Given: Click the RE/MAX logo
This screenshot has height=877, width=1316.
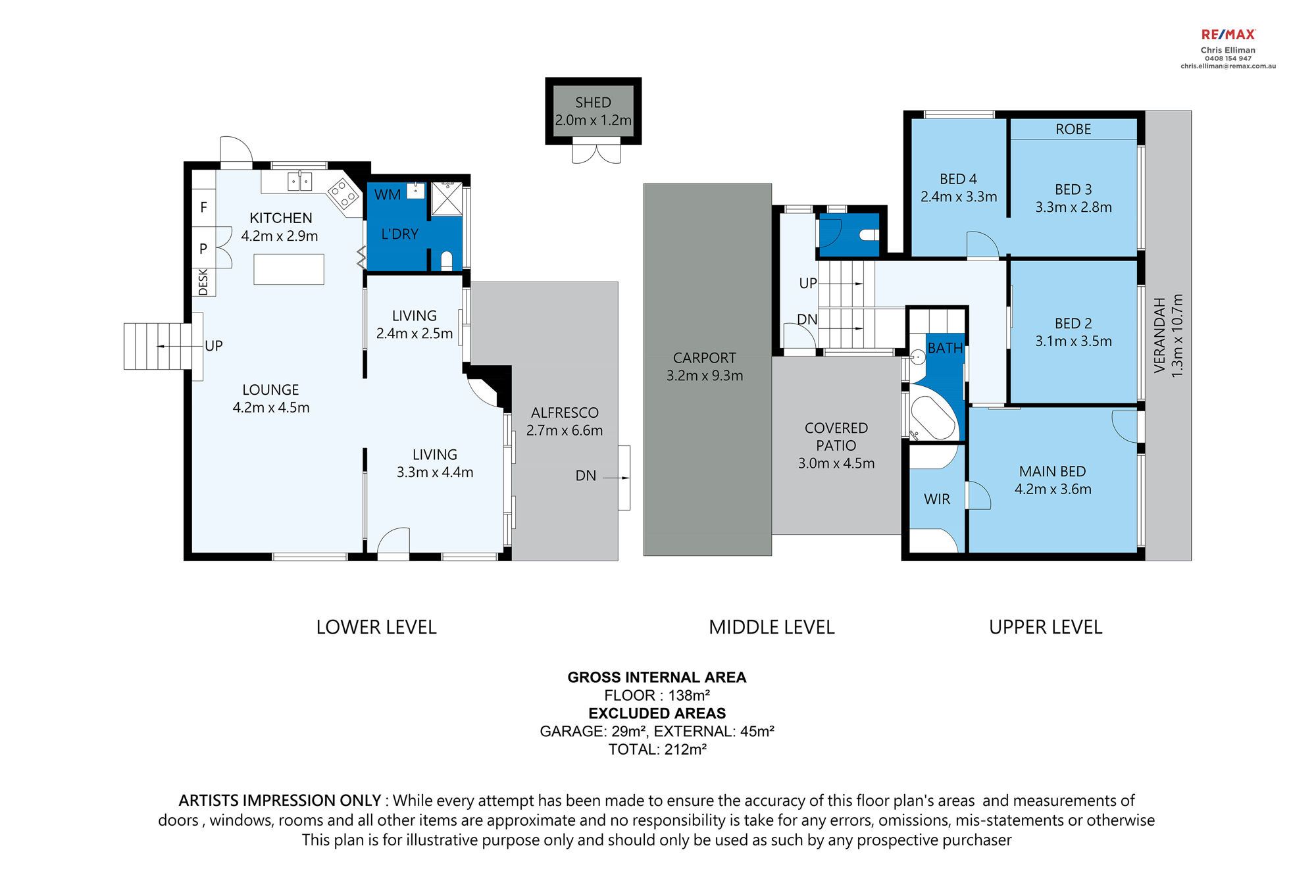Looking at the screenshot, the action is click(x=1228, y=34).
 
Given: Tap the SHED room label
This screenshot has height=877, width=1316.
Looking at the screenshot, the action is click(x=593, y=103).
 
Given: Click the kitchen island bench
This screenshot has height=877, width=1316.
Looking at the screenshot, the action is click(x=289, y=269).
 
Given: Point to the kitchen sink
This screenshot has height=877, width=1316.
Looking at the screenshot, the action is click(x=299, y=181).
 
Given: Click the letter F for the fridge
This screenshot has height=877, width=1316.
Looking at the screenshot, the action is click(x=203, y=207).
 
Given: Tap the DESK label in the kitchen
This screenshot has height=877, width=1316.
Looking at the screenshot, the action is click(x=203, y=282).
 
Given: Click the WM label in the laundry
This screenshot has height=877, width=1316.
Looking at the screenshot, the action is click(x=388, y=195).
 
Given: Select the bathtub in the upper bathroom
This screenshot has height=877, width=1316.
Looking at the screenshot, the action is click(x=932, y=413).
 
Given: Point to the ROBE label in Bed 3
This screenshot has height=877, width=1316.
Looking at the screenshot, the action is click(x=1073, y=130).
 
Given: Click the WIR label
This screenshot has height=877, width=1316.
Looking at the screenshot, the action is click(x=937, y=499).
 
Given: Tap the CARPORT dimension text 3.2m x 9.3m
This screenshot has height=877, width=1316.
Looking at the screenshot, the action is click(x=705, y=376).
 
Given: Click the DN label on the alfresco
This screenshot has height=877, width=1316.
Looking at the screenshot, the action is click(x=586, y=476).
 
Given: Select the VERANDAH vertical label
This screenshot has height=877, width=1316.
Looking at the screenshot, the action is click(x=1159, y=336).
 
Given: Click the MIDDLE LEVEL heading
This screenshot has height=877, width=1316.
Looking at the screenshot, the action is click(x=772, y=627).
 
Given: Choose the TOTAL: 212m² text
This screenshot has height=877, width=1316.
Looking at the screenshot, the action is click(x=657, y=749).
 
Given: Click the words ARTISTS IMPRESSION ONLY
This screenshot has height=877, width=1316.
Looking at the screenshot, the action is click(x=280, y=801).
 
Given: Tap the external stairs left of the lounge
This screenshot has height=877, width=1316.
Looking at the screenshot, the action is click(x=158, y=346).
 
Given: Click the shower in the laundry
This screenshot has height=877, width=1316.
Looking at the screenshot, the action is click(x=447, y=199).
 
